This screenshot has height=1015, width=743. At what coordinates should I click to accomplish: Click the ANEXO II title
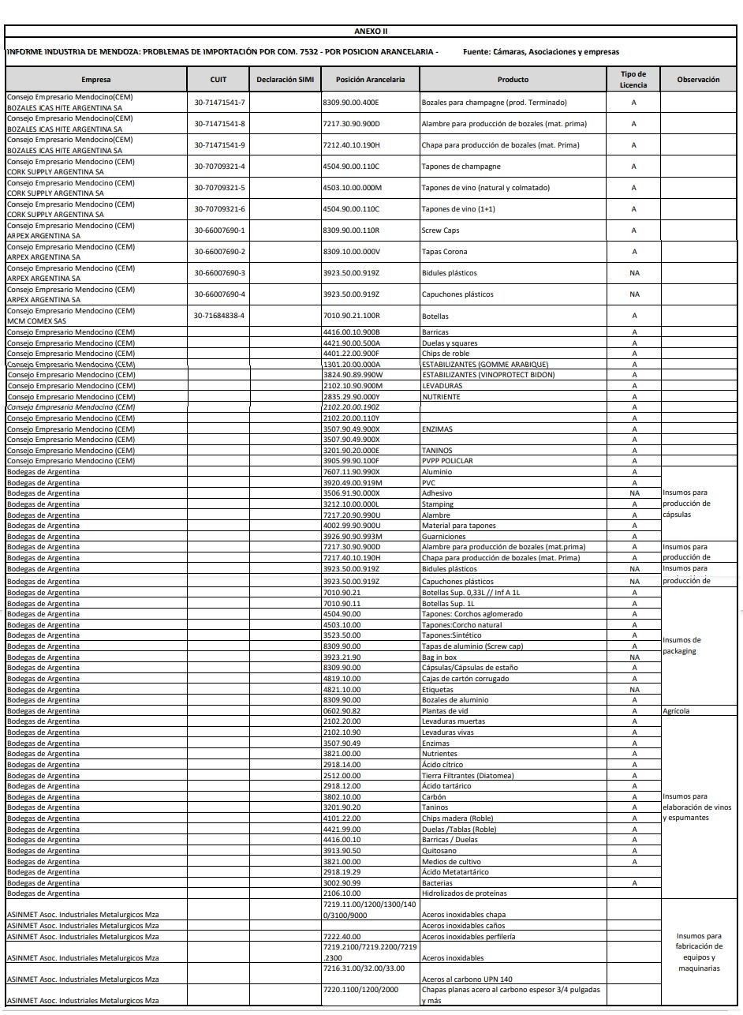click(371, 32)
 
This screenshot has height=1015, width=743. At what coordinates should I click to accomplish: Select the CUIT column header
click(218, 80)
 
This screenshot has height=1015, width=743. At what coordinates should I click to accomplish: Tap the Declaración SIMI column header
click(285, 80)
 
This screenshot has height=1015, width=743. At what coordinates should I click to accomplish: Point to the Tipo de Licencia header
click(633, 79)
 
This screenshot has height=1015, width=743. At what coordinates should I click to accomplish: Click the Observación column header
click(698, 80)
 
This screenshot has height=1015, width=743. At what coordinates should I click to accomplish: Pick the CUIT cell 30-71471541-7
click(220, 103)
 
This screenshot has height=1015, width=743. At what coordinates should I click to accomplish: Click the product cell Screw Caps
click(440, 230)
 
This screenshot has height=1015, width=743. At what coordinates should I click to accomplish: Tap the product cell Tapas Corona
click(444, 252)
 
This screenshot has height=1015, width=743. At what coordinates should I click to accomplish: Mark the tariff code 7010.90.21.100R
click(352, 316)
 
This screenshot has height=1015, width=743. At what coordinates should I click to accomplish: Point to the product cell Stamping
click(438, 504)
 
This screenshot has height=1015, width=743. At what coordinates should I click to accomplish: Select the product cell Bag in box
click(440, 657)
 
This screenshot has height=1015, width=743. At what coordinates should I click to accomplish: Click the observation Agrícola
click(677, 711)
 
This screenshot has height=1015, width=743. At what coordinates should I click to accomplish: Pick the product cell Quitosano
click(439, 851)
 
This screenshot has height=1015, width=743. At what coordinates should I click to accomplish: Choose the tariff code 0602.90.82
click(342, 711)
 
